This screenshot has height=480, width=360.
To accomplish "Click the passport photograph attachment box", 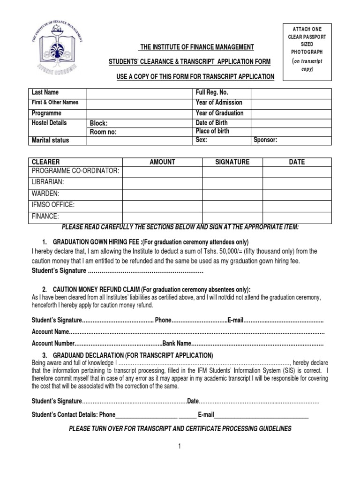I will tap(307, 51).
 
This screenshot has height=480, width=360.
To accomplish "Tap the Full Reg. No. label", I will tap(212, 93).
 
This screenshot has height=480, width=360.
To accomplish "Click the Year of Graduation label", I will tap(219, 113).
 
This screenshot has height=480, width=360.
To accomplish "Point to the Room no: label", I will tap(103, 132).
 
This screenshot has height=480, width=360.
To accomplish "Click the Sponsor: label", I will tap(265, 140).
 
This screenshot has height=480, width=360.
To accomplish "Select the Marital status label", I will tap(50, 140).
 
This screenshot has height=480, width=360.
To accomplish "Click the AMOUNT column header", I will tap(162, 162).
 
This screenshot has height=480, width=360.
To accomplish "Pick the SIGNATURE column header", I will tap(232, 162).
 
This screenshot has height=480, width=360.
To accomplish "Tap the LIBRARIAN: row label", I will tap(47, 182).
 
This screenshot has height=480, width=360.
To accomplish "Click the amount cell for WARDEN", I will tap(162, 194).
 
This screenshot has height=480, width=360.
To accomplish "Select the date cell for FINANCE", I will tap(297, 217).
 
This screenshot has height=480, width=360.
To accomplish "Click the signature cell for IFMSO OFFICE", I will tap(232, 205).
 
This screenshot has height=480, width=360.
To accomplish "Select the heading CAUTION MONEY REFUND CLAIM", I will tap(96, 289).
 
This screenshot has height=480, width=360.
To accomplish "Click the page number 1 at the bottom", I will tap(179, 448).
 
